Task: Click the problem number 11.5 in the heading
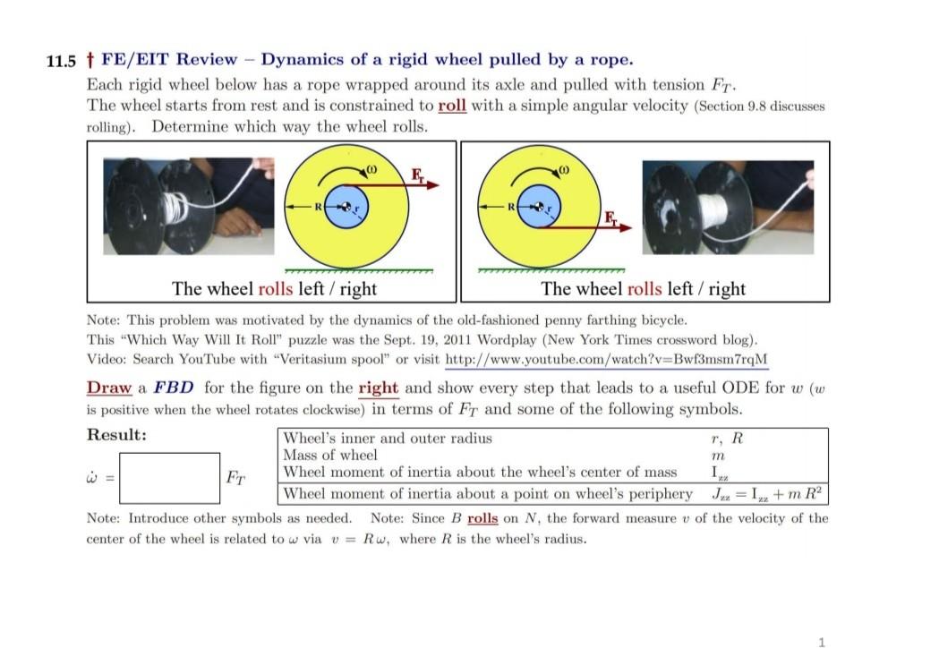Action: pos(61,61)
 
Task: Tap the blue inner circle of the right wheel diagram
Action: pos(539,206)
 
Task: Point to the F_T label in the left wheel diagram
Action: pos(417,173)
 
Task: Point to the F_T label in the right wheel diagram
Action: pos(610,217)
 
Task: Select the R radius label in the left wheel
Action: pos(317,207)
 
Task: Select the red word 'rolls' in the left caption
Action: pos(275,288)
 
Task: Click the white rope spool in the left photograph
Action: pos(176,209)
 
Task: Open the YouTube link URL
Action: pos(606,359)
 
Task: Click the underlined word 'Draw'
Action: pos(108,388)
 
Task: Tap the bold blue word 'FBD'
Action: pos(175,388)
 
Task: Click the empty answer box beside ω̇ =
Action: pos(169,478)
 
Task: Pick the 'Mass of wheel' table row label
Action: pos(330,455)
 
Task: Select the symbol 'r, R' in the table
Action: pos(725,438)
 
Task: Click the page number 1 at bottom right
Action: pos(823,641)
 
